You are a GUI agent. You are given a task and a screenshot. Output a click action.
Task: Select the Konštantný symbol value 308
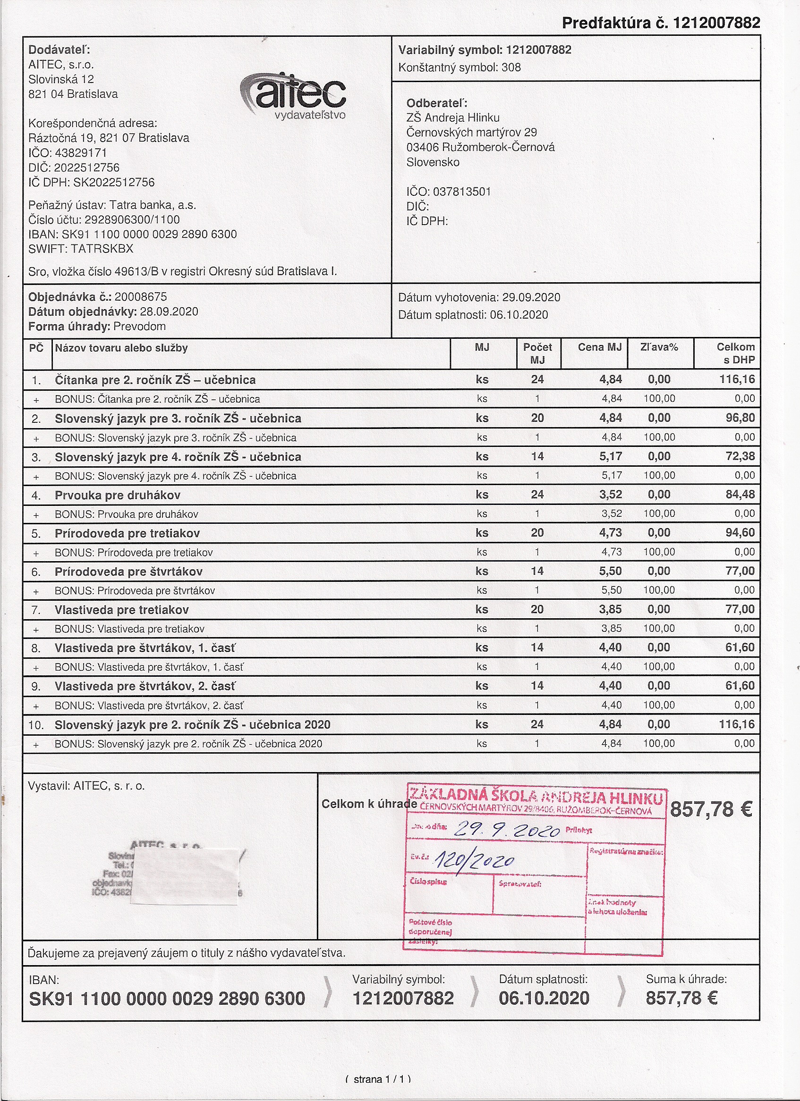click(511, 67)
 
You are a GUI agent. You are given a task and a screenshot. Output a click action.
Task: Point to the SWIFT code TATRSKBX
click(102, 249)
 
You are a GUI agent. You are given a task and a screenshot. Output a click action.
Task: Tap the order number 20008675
click(141, 297)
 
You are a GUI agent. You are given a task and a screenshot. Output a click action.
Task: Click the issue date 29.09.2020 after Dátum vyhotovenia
click(531, 297)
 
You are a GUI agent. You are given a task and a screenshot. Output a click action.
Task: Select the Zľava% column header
click(659, 347)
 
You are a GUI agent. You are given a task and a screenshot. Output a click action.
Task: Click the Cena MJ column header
click(599, 347)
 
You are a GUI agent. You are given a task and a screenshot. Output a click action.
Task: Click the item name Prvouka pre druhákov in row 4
click(118, 495)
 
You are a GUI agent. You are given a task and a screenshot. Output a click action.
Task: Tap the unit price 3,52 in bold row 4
click(611, 495)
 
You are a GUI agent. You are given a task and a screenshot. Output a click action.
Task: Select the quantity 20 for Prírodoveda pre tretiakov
click(537, 532)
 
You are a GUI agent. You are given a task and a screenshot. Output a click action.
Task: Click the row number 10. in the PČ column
click(36, 725)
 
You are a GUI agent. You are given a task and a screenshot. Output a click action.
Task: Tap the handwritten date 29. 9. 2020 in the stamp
click(505, 830)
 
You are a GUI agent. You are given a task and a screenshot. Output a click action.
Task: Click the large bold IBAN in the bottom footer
click(167, 999)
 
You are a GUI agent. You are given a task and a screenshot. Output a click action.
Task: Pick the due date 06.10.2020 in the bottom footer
click(544, 999)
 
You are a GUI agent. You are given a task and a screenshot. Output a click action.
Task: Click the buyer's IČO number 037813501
click(461, 192)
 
